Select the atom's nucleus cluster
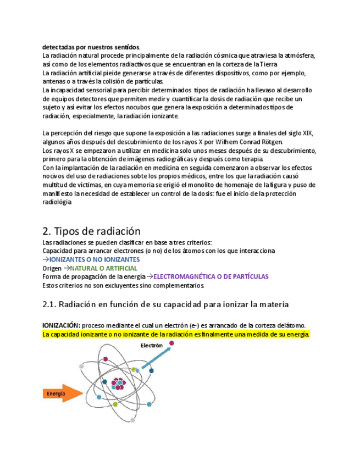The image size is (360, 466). point(118,384)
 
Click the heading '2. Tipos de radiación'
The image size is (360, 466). point(91,231)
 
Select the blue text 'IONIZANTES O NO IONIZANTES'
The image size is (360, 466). point(95,259)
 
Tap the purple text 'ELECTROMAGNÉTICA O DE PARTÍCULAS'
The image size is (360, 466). point(211,276)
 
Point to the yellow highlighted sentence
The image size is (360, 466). point(176,334)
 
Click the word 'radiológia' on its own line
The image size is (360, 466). point(57,202)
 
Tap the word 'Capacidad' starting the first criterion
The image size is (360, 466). point(57,250)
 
